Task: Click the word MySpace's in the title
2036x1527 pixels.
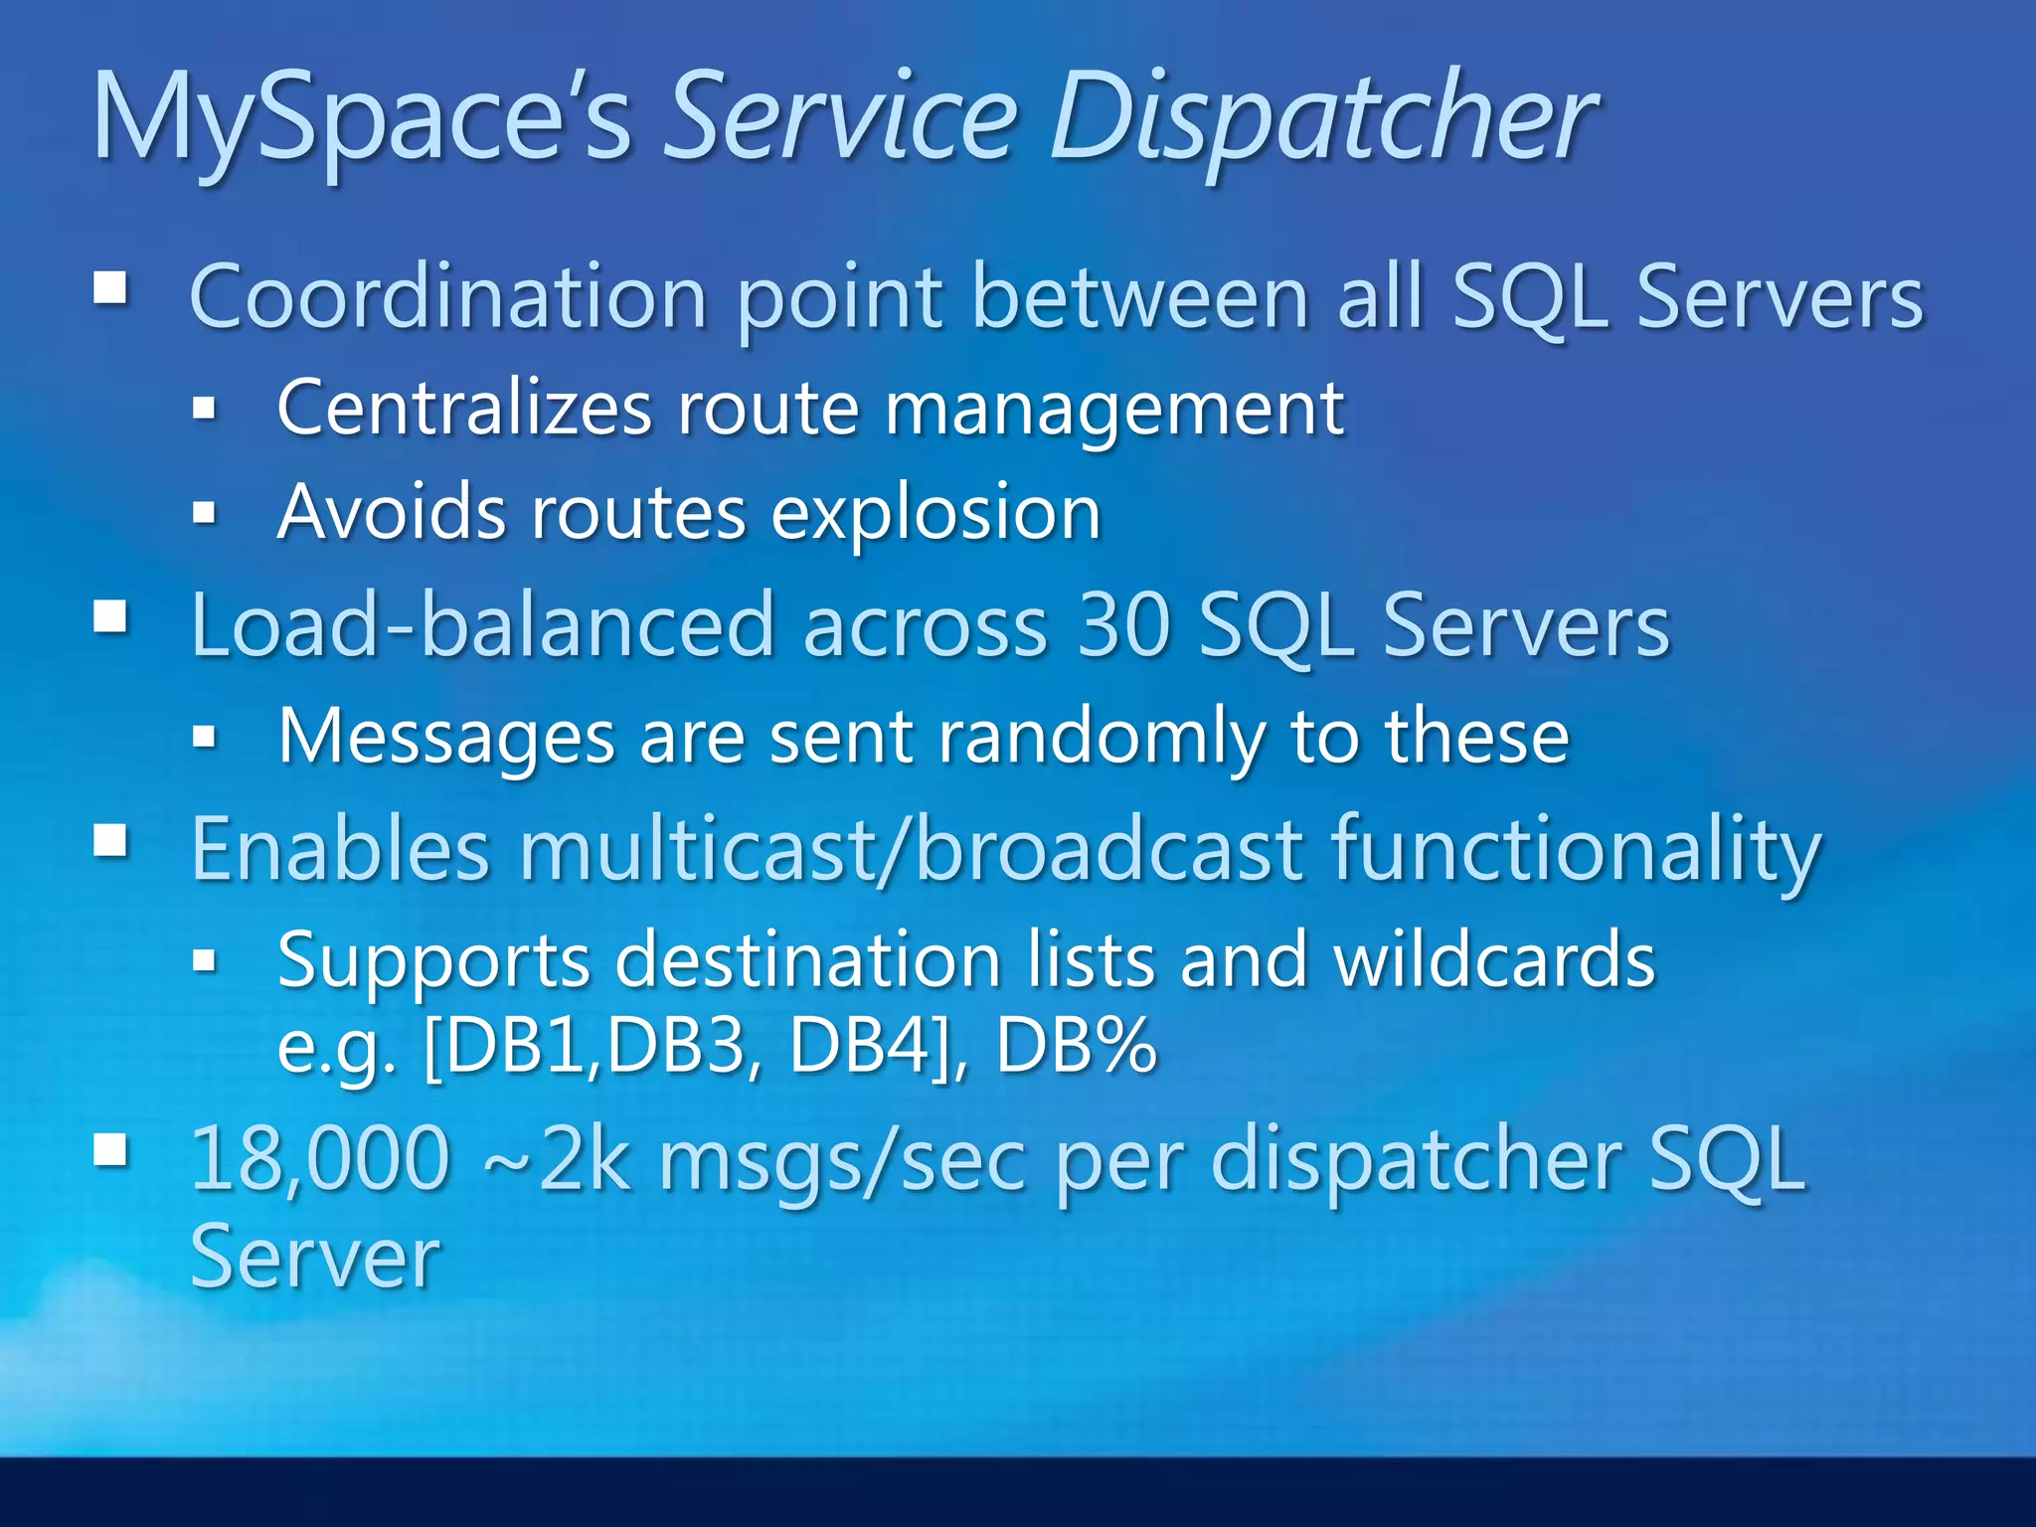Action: (362, 119)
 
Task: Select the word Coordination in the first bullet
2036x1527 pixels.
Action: (447, 296)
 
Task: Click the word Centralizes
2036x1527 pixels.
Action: (463, 408)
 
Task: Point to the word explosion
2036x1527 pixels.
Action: (935, 514)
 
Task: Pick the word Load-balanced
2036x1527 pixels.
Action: (482, 625)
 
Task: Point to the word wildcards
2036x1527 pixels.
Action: (1494, 960)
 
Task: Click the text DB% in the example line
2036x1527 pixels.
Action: (1076, 1046)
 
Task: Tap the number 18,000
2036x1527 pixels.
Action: (320, 1158)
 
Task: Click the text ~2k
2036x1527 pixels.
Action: (556, 1158)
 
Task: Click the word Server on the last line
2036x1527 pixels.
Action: (314, 1258)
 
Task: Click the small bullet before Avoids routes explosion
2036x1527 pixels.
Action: (204, 513)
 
